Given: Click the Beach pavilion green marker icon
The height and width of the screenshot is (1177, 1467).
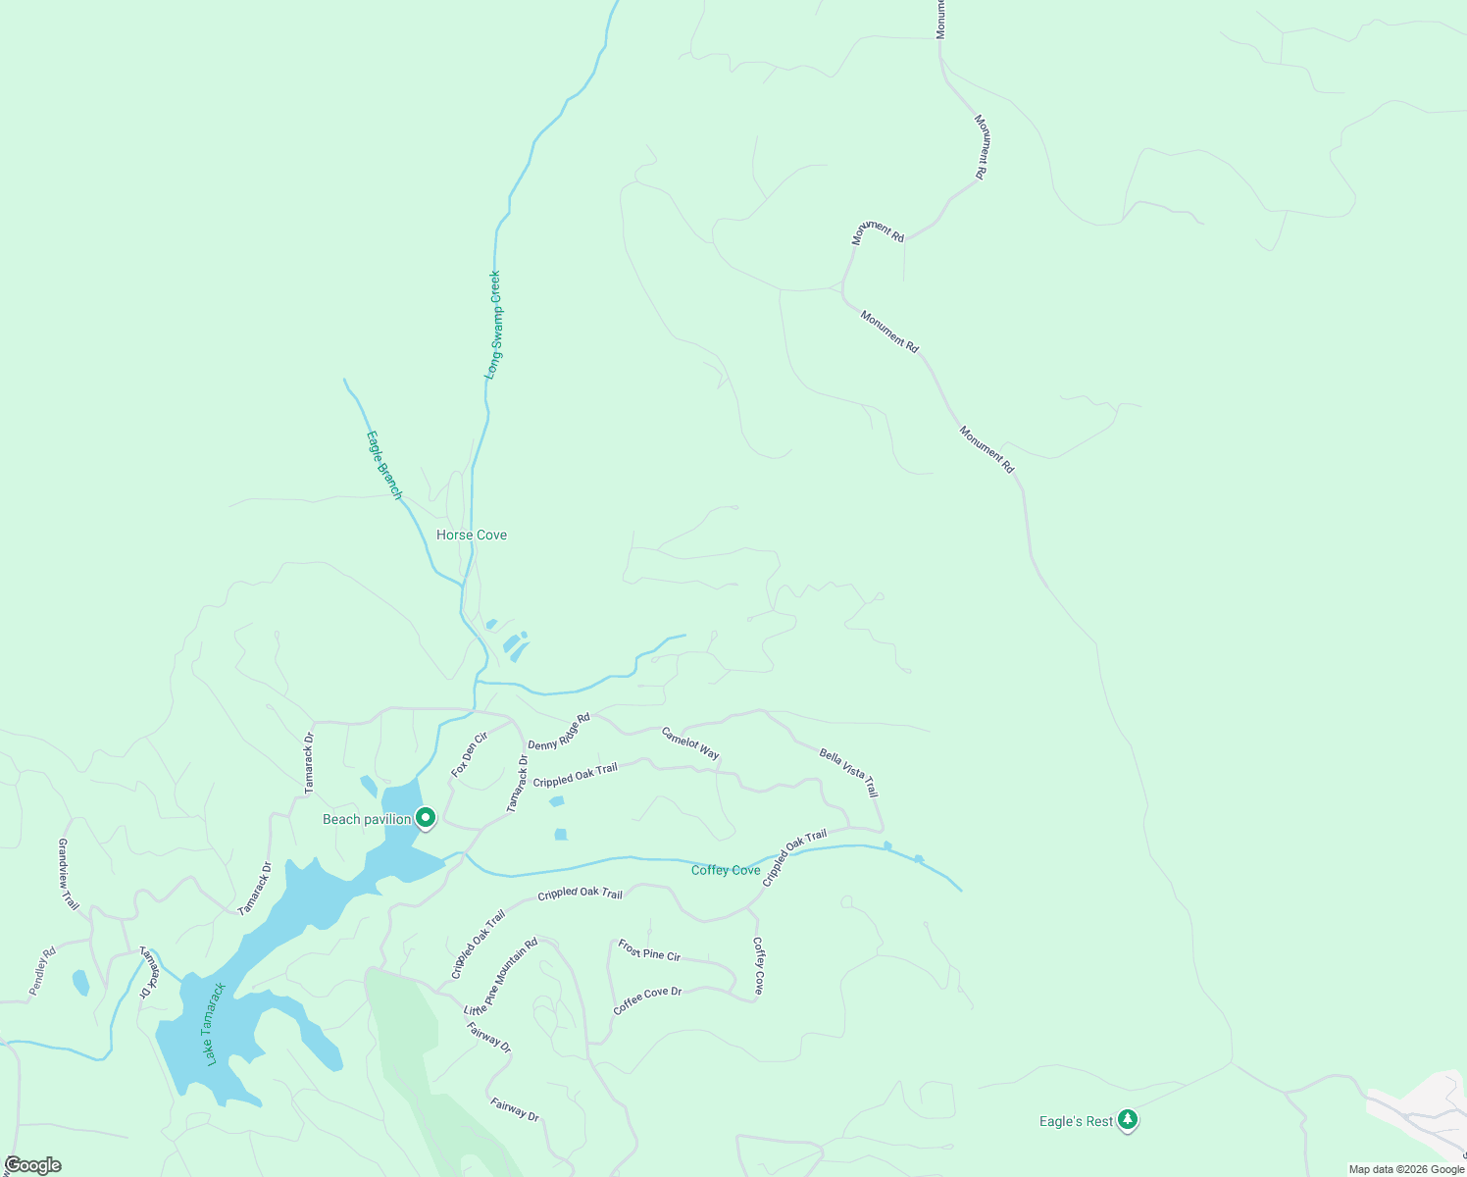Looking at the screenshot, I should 426,817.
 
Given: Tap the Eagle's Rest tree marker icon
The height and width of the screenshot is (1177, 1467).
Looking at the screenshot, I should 1128,1119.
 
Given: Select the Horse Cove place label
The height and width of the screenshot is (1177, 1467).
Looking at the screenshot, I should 472,535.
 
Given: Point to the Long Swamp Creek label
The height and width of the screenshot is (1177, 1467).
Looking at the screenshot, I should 494,325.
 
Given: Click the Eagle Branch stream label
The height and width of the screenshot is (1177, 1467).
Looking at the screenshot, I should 384,465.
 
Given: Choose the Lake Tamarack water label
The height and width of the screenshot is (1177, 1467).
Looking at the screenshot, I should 217,1024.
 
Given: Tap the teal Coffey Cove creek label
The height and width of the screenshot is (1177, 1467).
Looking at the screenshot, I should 726,870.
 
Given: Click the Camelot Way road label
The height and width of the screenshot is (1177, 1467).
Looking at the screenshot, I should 690,743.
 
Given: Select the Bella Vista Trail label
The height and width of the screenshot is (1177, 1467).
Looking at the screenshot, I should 849,773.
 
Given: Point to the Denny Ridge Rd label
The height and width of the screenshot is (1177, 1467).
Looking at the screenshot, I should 559,732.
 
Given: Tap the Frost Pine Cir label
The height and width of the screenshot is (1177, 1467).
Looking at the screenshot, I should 649,949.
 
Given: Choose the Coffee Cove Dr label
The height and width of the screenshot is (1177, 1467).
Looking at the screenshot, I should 647,1000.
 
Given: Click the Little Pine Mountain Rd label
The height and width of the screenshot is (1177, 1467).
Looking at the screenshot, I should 501,977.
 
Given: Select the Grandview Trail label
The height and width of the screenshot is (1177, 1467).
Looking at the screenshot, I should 68,874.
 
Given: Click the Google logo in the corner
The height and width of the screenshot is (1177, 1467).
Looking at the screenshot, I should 32,1165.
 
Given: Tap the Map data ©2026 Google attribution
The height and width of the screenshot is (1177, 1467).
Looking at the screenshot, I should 1405,1169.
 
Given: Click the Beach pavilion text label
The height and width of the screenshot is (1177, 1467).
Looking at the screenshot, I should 367,819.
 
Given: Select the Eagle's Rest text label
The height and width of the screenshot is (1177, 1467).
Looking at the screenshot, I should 1076,1121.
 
